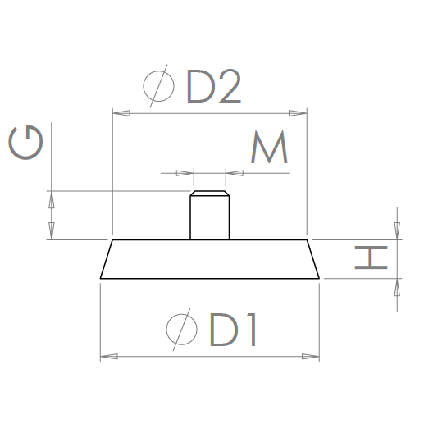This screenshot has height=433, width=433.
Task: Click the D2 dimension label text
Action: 214,87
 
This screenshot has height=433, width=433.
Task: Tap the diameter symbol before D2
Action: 157,87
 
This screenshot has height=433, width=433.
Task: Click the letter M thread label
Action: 268,148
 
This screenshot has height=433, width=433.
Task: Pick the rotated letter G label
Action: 26,145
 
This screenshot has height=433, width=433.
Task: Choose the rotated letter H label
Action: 370,259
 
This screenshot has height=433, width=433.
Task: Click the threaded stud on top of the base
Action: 208,216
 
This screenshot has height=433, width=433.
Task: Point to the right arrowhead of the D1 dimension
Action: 311,357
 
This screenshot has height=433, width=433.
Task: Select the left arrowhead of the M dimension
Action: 185,173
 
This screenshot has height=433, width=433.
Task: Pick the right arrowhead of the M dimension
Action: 232,173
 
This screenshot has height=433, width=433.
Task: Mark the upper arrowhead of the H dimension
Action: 397,233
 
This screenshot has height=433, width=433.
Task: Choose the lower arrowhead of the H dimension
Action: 397,285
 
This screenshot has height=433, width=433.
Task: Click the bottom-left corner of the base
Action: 100,279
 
